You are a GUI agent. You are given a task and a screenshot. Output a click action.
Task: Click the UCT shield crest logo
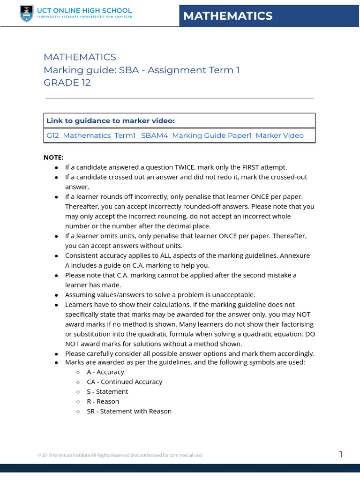pos(26,14)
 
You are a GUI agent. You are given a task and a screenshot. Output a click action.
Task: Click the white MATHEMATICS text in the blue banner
pos(228,16)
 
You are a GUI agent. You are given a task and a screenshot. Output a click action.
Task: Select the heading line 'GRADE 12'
pos(67,82)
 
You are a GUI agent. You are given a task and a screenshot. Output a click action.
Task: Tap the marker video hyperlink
pos(175,135)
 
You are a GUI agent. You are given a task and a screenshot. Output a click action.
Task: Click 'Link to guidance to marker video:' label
pos(110,120)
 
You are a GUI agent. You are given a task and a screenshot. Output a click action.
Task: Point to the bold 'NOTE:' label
pos(53,157)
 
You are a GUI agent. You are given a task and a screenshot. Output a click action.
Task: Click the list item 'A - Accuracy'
pos(105,372)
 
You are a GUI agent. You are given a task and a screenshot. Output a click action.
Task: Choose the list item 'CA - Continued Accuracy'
pos(124,382)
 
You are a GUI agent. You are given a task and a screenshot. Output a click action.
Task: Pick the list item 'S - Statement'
pos(107,391)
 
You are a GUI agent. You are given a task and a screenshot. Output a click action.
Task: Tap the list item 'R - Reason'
pos(103,401)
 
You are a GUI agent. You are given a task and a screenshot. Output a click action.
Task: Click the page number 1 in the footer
pos(341,454)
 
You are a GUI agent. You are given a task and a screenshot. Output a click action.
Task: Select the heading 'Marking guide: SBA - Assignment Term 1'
pos(142,70)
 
